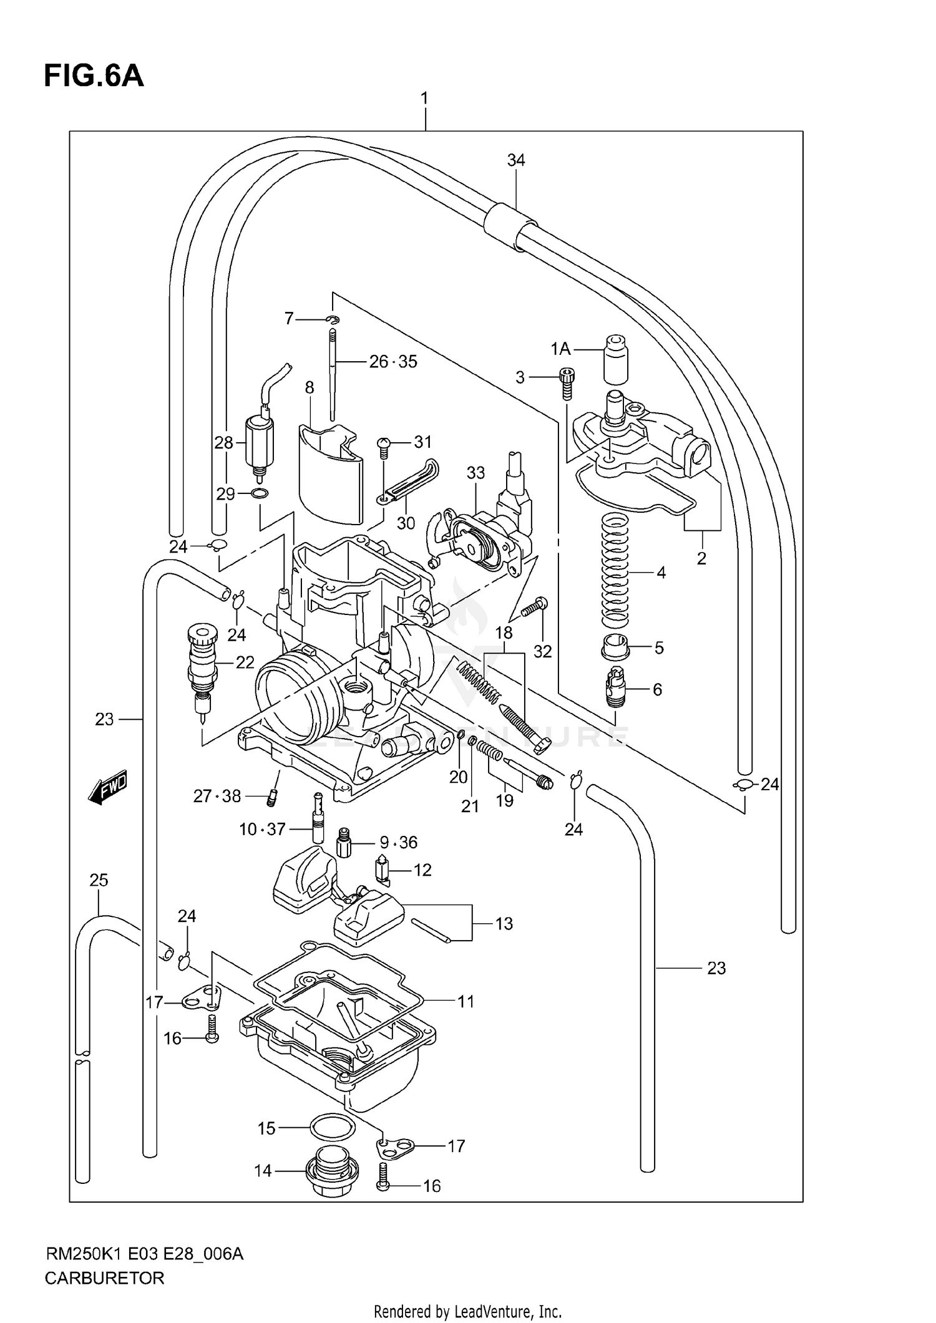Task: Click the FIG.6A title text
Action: click(94, 76)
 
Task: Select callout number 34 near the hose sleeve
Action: click(516, 160)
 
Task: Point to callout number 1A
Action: click(560, 349)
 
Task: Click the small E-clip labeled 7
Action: click(334, 319)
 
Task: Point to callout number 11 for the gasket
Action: click(466, 1002)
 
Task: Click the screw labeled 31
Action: click(384, 444)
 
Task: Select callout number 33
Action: click(475, 473)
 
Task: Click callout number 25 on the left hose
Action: click(99, 880)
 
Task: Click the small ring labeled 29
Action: click(260, 495)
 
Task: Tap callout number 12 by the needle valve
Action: click(422, 870)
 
